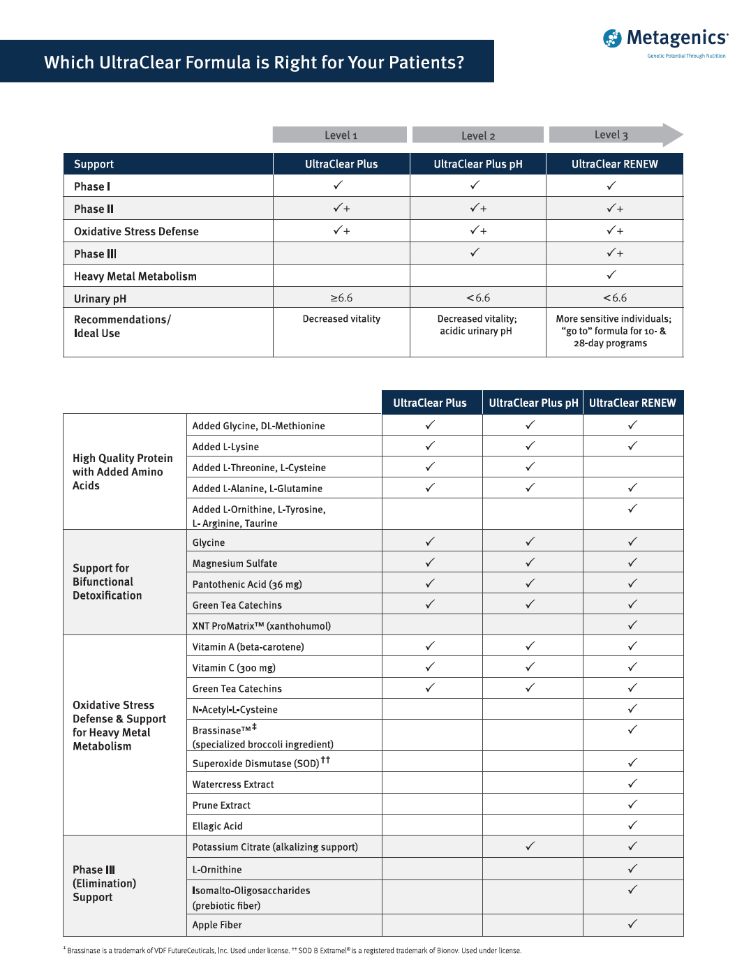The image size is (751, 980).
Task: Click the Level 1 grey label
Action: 340,135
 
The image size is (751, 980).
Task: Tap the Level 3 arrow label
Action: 612,135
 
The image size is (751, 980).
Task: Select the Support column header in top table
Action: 94,164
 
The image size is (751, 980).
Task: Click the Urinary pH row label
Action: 101,299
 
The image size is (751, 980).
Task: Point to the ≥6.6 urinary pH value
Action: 341,298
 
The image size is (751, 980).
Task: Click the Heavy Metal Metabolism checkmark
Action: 611,275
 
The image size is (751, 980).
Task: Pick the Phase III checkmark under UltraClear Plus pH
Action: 475,253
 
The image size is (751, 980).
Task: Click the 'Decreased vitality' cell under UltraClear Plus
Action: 341,319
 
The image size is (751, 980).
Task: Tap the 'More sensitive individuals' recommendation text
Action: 614,319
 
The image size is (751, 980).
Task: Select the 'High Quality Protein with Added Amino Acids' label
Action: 122,472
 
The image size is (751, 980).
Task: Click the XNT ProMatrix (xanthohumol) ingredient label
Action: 262,626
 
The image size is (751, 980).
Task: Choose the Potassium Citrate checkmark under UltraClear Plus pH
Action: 530,846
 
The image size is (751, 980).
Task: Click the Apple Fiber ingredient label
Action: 217,925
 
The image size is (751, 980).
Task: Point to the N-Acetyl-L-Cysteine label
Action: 235,710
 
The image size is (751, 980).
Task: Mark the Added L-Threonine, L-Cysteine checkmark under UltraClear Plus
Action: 430,467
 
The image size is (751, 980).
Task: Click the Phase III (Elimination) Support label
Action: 104,884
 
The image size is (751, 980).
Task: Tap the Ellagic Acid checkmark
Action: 632,825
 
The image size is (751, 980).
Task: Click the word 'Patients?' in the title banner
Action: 426,63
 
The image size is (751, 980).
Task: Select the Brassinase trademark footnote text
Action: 178,951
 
